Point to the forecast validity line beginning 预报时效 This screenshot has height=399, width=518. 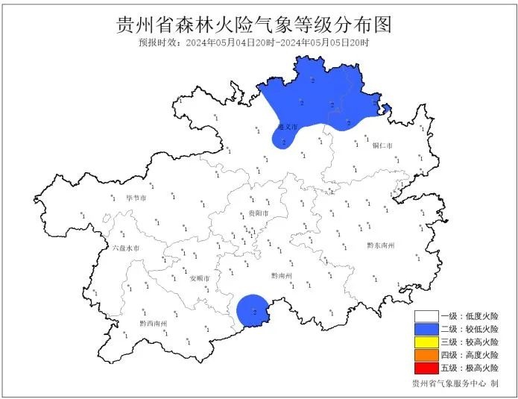(253, 43)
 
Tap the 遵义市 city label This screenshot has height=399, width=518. (288, 127)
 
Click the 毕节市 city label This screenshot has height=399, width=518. (136, 199)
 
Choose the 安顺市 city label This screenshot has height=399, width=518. (200, 278)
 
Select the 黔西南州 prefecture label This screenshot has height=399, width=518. (154, 324)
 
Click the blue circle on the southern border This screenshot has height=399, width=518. (252, 311)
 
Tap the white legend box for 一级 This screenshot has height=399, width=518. (426, 316)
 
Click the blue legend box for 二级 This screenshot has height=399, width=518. (426, 329)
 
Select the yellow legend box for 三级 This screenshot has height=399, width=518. (426, 342)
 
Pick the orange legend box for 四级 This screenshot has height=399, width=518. (426, 355)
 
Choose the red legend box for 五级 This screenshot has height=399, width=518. (426, 368)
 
